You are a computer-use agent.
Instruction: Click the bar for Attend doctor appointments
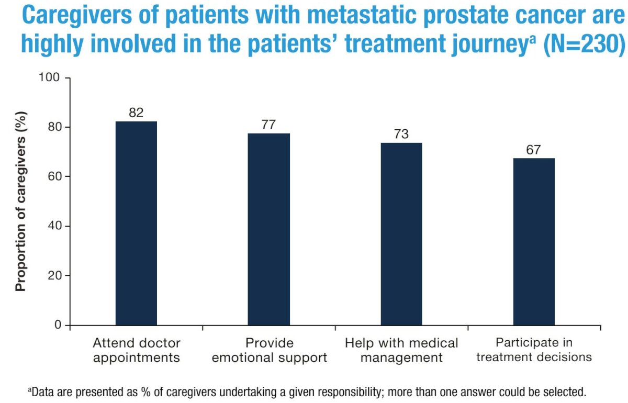coord(136,223)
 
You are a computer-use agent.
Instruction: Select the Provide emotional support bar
coord(268,229)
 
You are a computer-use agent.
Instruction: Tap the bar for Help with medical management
coord(401,234)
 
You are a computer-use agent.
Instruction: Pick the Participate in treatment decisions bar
coord(534,242)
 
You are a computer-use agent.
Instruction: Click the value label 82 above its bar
coord(136,113)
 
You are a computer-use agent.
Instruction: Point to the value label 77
coord(268,125)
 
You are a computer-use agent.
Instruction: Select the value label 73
coord(401,134)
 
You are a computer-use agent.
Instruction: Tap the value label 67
coord(533,150)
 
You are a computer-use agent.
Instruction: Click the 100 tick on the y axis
coord(49,77)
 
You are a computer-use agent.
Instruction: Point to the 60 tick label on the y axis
coord(54,176)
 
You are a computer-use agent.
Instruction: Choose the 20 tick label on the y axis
coord(54,276)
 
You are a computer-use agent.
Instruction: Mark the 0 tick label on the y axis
coord(58,325)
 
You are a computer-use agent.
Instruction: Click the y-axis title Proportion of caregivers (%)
coord(20,201)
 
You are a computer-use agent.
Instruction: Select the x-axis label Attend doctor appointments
coord(137,350)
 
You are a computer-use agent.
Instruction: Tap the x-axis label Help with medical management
coord(401,350)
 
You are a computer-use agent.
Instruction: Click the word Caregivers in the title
coord(77,15)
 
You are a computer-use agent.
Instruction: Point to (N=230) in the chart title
coord(584,43)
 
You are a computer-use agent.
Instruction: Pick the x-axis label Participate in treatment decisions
coord(534,350)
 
